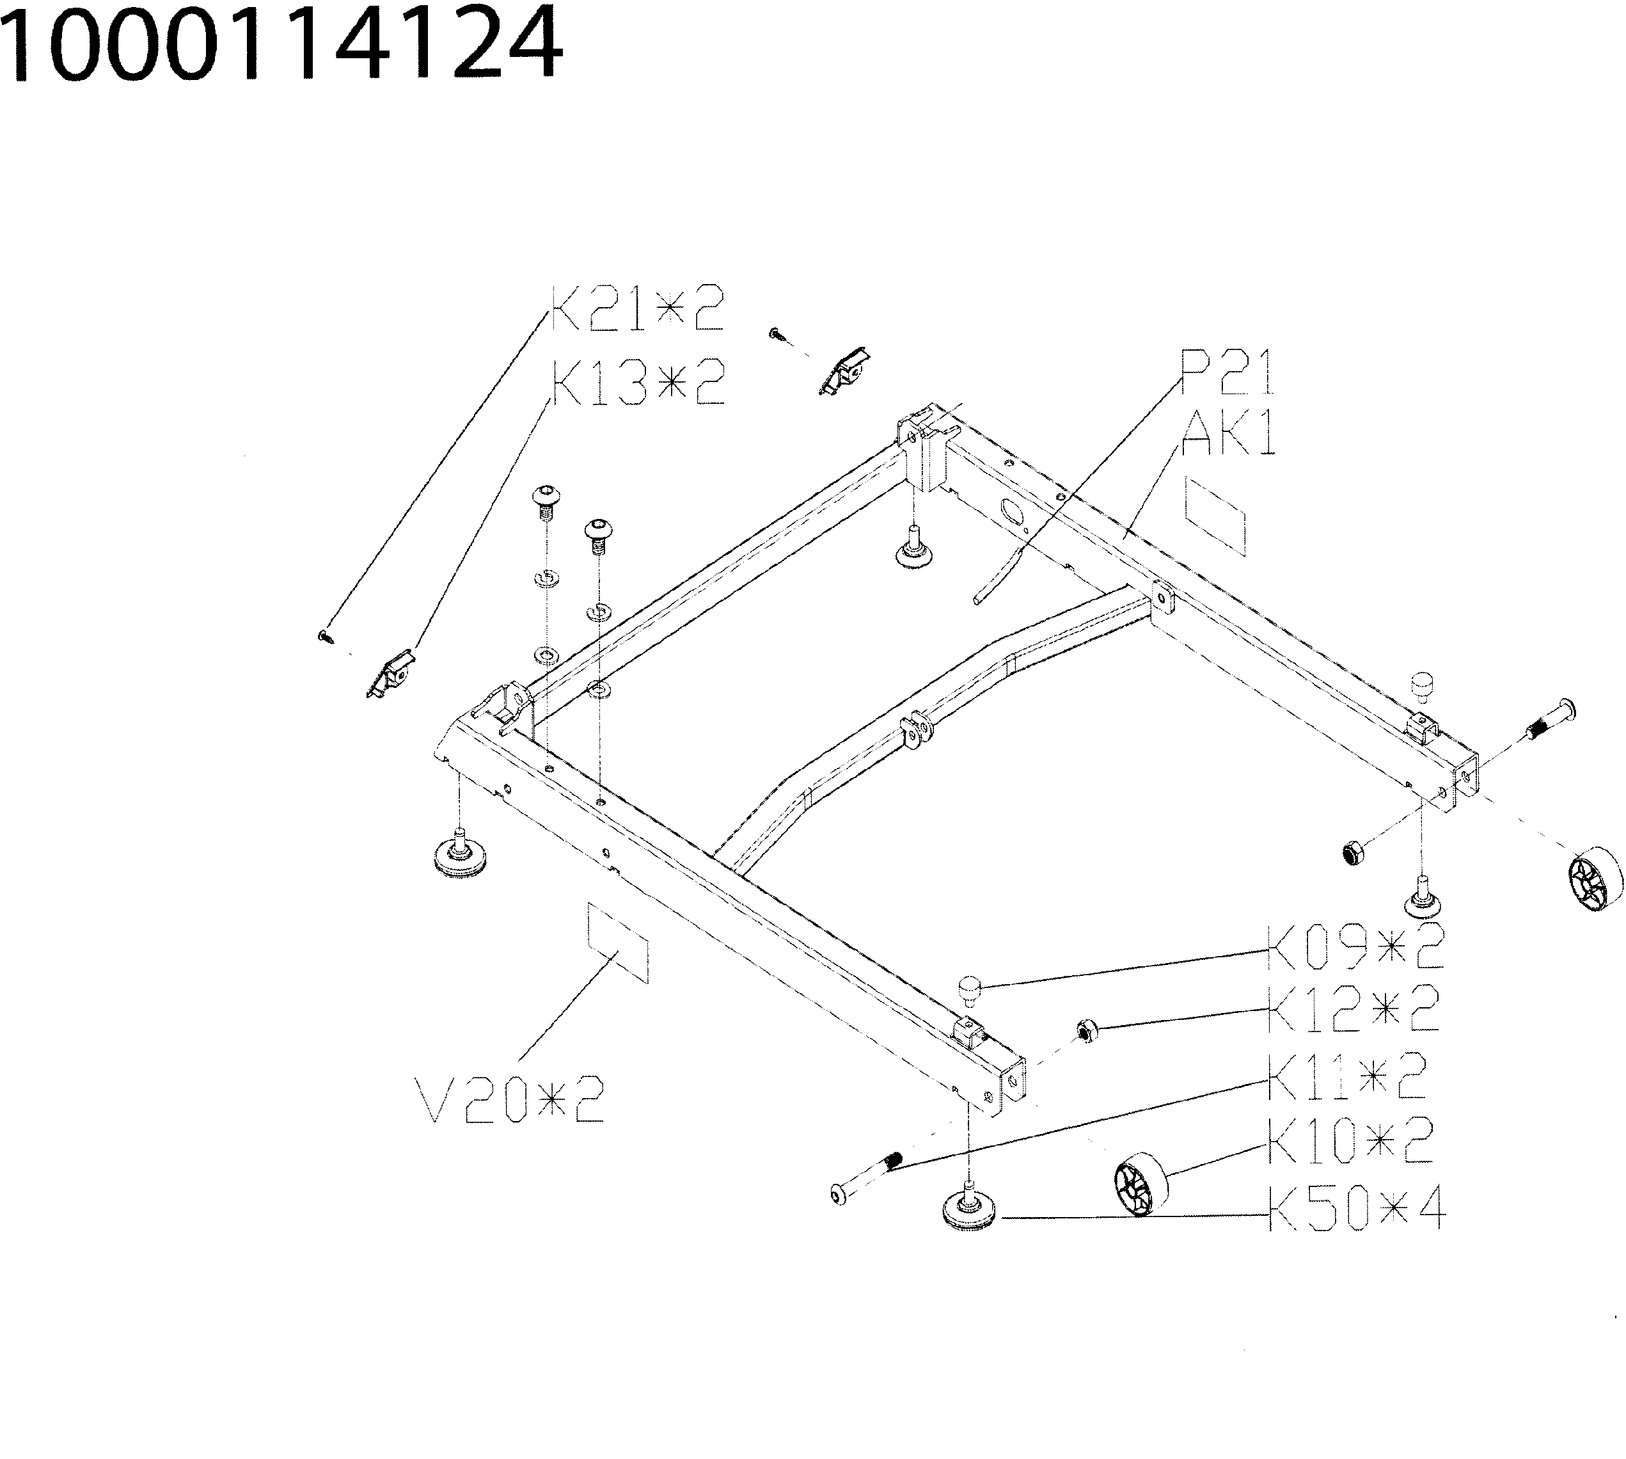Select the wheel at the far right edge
[1594, 881]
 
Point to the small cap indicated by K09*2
[970, 990]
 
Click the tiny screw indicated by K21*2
[324, 637]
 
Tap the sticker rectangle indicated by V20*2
[618, 942]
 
